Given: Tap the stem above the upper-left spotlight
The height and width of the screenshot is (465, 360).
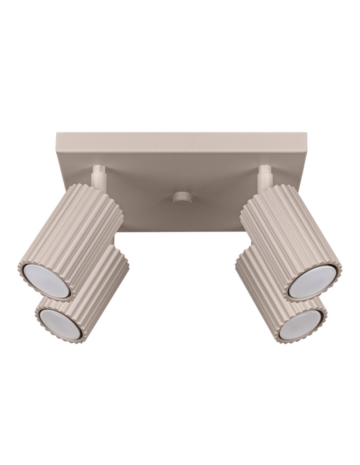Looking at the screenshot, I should click(99, 177).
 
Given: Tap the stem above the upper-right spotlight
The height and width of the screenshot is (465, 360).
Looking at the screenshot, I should click(264, 176).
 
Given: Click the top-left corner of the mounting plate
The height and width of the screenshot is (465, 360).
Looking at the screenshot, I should click(57, 134).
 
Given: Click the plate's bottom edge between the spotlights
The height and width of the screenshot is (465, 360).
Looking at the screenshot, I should click(181, 231).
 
